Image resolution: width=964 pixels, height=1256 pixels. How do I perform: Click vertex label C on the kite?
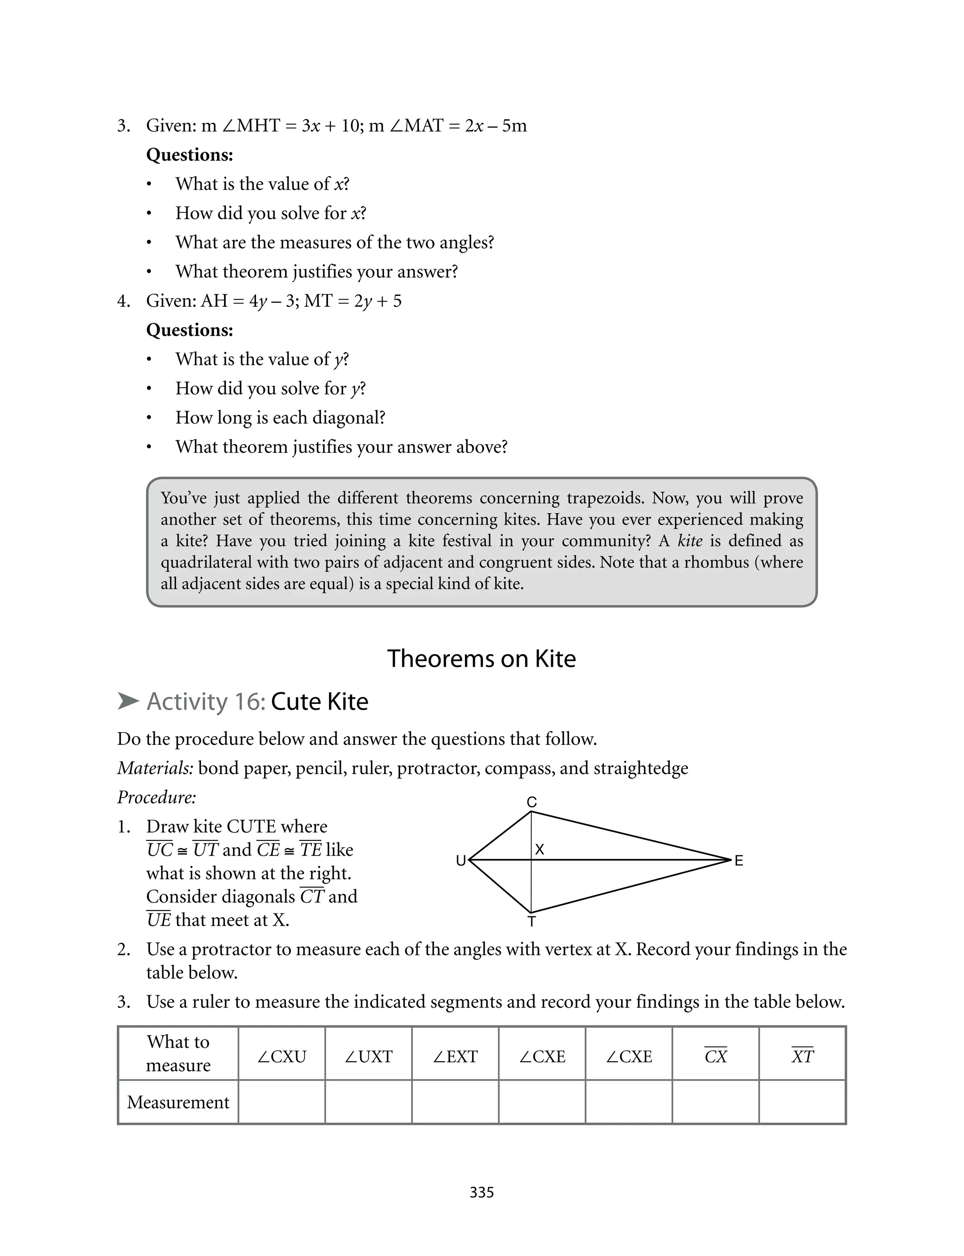pos(531,802)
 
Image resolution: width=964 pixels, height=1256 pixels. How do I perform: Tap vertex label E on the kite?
pos(739,861)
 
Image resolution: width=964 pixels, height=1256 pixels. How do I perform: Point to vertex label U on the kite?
pos(460,861)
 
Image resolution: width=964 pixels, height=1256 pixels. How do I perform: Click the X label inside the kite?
pos(539,849)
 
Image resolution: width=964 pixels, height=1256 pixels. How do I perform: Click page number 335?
pos(482,1192)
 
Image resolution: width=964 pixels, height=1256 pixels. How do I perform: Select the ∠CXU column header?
pos(282,1056)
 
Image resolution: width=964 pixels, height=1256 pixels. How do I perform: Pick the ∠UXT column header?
pos(369,1056)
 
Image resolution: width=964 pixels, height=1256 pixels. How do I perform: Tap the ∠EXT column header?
pos(455,1056)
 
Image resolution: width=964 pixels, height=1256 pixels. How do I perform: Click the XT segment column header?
pos(802,1056)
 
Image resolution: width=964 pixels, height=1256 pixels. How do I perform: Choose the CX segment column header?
pos(715,1056)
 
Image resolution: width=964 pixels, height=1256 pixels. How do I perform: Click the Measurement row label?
pos(178,1102)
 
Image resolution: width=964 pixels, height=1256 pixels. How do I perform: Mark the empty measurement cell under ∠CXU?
pos(282,1102)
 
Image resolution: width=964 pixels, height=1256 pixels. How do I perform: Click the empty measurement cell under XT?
pos(802,1102)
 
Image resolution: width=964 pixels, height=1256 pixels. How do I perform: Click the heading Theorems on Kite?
pos(482,658)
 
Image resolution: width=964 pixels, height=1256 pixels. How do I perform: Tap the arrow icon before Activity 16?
pos(128,701)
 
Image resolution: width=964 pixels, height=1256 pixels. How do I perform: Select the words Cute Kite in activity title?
pos(319,701)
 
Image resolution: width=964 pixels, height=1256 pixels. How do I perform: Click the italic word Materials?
pos(155,768)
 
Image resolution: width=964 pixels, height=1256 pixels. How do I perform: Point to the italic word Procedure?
pos(157,797)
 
